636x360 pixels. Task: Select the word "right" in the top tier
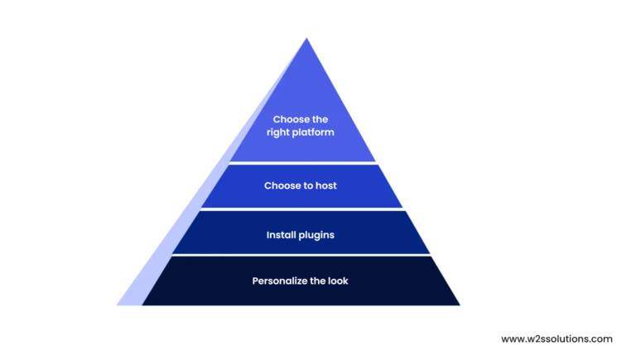(x=277, y=132)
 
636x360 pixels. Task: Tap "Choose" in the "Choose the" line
(x=289, y=119)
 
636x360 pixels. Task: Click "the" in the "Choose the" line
(x=320, y=119)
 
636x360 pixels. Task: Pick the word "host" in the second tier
(x=325, y=185)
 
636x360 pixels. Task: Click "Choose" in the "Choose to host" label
(x=282, y=185)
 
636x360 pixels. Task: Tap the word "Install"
(x=280, y=235)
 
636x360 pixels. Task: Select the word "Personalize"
(x=280, y=281)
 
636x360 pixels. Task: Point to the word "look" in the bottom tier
(x=337, y=281)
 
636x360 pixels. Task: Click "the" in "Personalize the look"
(x=316, y=281)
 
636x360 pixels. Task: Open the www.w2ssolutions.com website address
(x=556, y=338)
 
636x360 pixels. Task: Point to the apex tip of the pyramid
(x=306, y=39)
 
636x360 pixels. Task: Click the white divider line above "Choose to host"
(x=301, y=163)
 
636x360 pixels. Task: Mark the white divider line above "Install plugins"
(x=301, y=209)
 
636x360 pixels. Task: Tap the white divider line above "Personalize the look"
(x=301, y=256)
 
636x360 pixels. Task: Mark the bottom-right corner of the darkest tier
(x=459, y=304)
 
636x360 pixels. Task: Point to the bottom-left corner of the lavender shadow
(x=118, y=304)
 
